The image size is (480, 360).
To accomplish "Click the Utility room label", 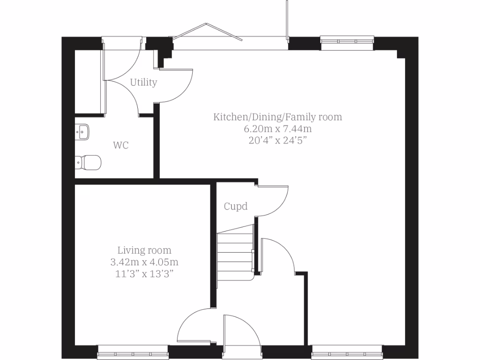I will click(x=143, y=82).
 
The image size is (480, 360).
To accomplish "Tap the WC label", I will click(x=120, y=145).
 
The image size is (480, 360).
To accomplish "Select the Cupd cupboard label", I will click(x=235, y=206).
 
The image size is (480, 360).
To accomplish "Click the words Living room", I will click(x=144, y=250).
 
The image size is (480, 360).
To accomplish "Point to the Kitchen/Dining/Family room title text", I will click(x=277, y=117).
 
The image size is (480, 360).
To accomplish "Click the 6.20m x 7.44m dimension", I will click(x=277, y=128).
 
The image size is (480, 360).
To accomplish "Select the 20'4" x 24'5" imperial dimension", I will click(x=277, y=140).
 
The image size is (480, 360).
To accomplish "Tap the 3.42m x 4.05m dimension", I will click(x=144, y=262).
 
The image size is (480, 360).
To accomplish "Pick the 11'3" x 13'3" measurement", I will click(x=144, y=274).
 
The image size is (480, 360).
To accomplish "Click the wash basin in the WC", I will click(x=82, y=132).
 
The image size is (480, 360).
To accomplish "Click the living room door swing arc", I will click(x=195, y=326).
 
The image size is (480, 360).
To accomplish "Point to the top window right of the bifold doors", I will click(x=347, y=42).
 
